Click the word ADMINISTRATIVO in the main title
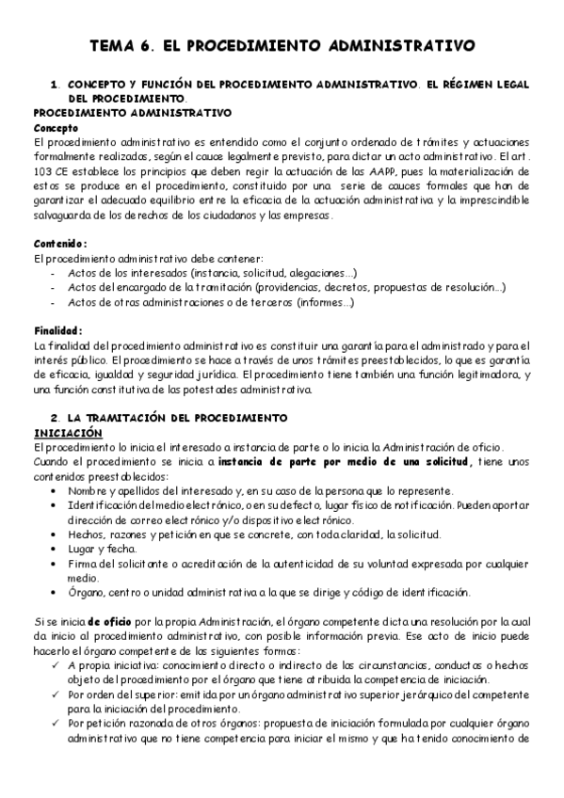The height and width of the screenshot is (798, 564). [x=402, y=43]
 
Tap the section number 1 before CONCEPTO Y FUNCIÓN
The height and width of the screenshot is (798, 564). [x=54, y=84]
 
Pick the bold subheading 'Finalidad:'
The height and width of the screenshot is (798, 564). [x=58, y=330]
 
